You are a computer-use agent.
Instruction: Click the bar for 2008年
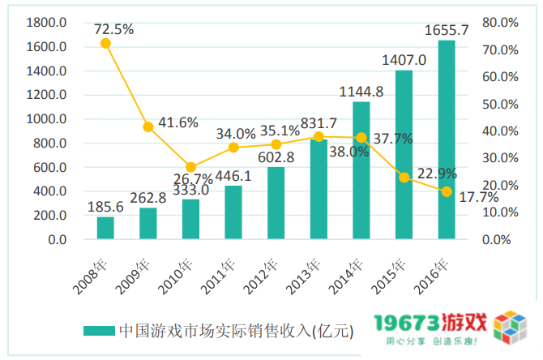105,229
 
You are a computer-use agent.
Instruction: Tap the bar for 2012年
276,204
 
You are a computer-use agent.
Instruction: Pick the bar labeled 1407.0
404,155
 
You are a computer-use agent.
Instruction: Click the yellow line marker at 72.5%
105,43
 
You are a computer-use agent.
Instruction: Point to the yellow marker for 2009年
148,126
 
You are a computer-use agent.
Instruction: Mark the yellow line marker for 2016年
447,191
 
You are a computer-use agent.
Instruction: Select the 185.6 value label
105,208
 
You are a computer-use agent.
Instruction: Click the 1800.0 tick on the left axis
46,23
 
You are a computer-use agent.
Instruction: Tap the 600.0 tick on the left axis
49,168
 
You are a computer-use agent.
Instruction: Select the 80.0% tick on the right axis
499,23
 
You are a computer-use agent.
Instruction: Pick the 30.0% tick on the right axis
499,158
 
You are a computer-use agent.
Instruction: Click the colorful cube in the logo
511,328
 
